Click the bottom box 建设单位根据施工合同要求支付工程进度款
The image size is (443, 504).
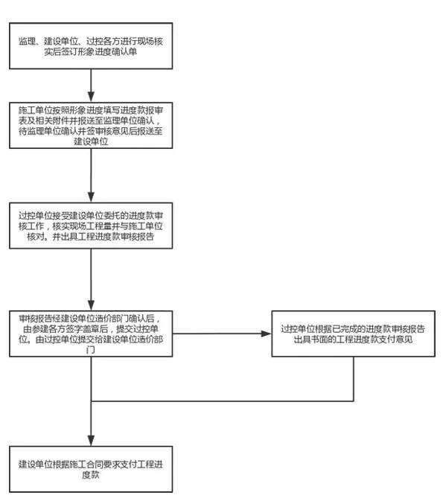point(91,468)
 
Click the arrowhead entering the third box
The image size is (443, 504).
point(91,196)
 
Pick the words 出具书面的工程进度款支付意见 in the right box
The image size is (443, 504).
point(352,339)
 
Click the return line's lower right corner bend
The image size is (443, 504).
point(352,402)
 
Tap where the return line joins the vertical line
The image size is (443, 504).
point(91,402)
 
